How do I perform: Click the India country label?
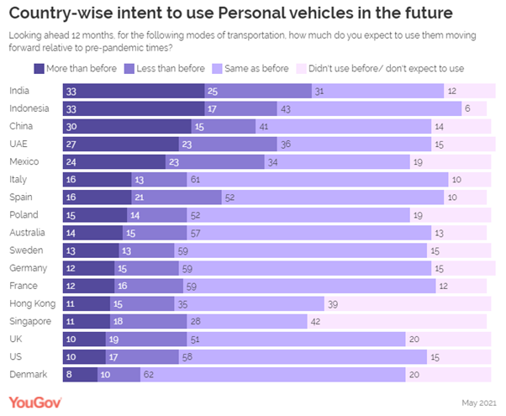point(20,91)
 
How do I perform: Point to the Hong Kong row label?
point(32,303)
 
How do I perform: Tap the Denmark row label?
point(29,373)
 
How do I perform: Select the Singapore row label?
point(31,320)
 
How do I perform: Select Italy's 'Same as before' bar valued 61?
point(318,179)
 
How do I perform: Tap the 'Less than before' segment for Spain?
point(177,197)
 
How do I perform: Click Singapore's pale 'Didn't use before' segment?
point(395,320)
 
